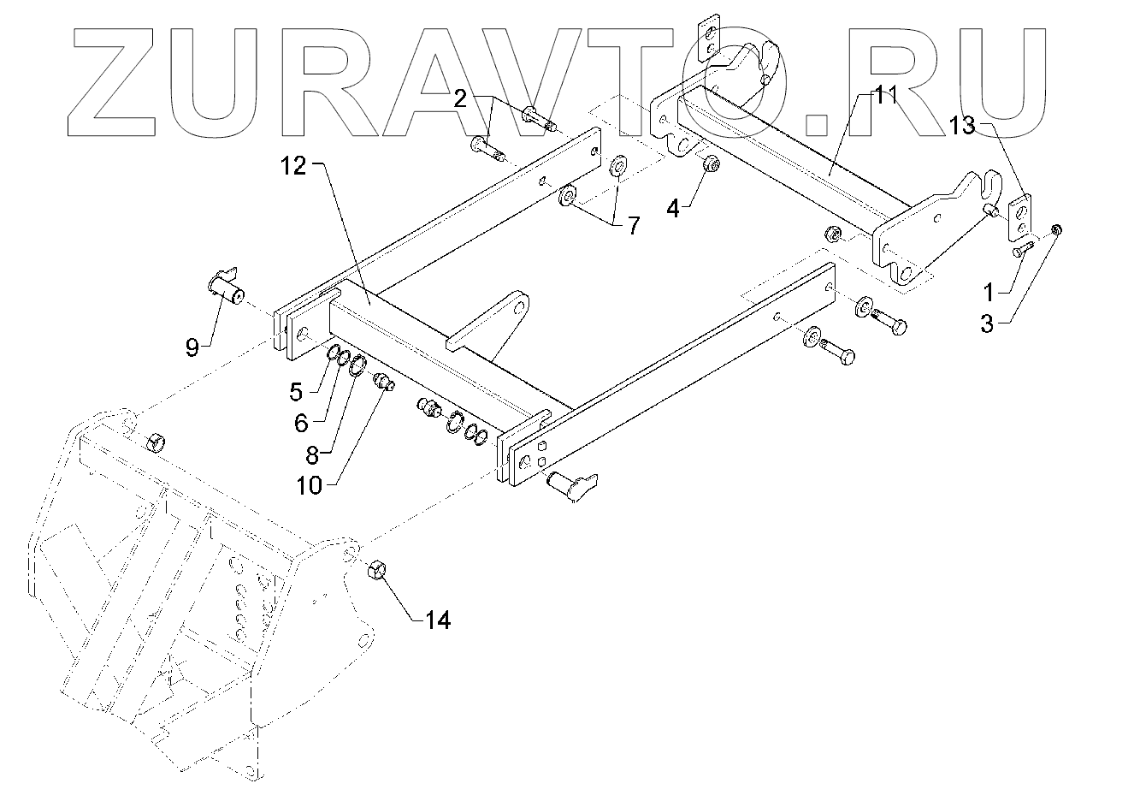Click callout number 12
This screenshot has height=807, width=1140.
click(292, 167)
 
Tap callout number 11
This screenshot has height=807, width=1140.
click(883, 95)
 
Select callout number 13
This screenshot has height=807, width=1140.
click(961, 126)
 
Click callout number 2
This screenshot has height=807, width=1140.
click(460, 98)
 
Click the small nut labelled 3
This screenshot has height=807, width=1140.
click(1056, 228)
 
